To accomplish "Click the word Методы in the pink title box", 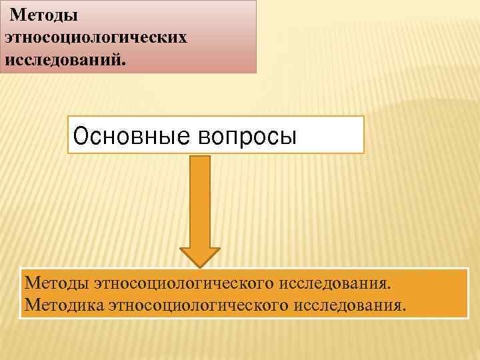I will point(44,14).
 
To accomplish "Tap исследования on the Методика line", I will point(349,306).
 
